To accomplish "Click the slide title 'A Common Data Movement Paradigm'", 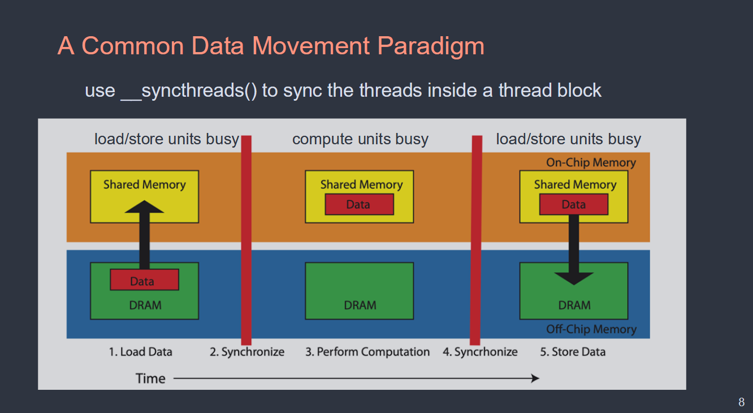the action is pos(271,46).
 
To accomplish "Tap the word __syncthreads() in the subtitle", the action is pos(189,91).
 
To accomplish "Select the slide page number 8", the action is pos(742,402).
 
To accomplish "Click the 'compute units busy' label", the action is pos(360,139).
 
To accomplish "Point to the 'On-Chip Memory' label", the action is pos(591,162).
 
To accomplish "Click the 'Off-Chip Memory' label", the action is pos(591,329).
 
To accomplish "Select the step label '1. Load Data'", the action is pos(141,352).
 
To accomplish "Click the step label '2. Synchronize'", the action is pos(247,352).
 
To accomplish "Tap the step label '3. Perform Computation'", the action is pos(367,352).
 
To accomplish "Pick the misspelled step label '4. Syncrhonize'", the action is pos(480,352).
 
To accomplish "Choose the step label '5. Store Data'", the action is pos(573,352).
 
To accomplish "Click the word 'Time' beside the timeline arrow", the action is pos(150,378).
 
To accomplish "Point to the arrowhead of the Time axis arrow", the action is pos(535,378).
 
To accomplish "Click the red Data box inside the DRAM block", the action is pos(145,280).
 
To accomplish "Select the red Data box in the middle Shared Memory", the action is pos(360,204).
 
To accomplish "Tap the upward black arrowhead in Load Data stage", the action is pos(144,207).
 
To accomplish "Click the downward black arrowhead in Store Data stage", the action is pos(574,278).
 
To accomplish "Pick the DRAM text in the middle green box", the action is pos(360,306).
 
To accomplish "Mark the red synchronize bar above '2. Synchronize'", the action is pos(246,240).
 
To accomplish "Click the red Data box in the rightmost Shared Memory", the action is pos(574,204).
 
